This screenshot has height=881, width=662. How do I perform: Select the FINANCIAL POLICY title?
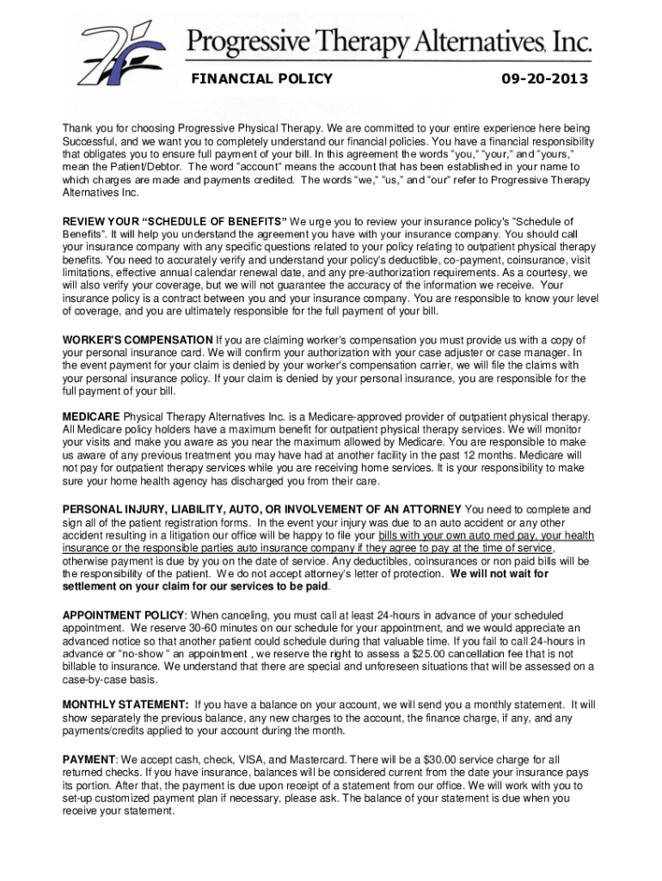[261, 80]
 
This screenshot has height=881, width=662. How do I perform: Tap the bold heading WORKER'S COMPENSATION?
[138, 340]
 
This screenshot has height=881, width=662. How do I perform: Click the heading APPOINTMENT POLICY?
[123, 615]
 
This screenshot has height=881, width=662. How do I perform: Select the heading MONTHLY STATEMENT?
[126, 705]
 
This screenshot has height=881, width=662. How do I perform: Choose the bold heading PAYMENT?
[89, 760]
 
